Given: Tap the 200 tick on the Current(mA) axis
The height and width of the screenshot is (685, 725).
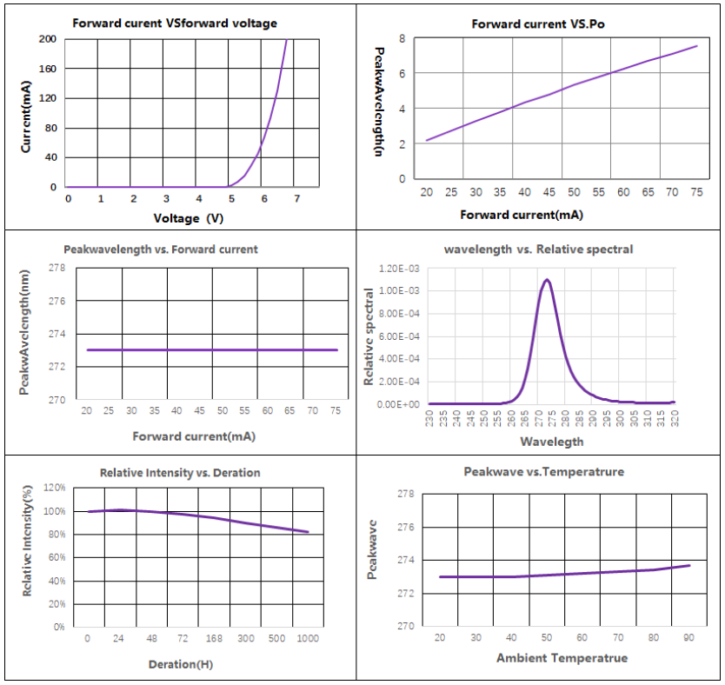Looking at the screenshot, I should point(48,39).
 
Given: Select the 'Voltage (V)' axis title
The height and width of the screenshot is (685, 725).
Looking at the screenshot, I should point(189,218).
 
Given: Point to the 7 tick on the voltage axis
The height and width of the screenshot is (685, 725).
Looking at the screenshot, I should point(297,199).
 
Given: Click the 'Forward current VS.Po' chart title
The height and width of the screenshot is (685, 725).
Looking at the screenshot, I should point(538,24).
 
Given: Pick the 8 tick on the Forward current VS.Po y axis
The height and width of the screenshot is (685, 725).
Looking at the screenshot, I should point(402,39).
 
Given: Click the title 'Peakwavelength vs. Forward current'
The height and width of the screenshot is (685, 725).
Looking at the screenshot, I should point(161,249).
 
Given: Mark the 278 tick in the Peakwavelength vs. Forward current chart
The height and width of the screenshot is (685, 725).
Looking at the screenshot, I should point(57,268).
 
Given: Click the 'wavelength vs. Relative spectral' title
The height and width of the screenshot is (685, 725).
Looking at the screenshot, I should point(538,249).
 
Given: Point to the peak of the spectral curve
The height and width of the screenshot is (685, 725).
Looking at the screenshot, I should point(548,280).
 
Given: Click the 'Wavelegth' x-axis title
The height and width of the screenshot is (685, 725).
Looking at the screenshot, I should point(551,442).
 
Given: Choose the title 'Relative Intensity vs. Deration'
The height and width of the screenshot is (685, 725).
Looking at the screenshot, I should point(180,473).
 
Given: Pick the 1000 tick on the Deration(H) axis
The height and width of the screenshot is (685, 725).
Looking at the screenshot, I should point(307,639).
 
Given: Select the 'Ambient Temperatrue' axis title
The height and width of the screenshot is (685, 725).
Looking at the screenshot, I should point(562,658).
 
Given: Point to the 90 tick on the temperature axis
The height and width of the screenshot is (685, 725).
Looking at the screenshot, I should point(689,638).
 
